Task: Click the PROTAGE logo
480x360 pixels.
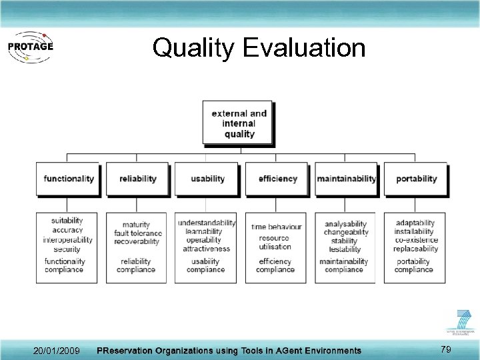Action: coord(29,46)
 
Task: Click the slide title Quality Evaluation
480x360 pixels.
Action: coord(259,48)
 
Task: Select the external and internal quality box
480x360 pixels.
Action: coord(239,123)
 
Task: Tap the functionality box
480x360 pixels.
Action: coord(69,179)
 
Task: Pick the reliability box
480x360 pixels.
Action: coord(138,179)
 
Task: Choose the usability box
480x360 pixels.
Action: coord(207,179)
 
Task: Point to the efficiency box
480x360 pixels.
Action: coord(277,179)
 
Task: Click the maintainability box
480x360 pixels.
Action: coord(346,179)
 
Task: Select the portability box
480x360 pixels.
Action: coord(416,179)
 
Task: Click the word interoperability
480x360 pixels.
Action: coord(67,240)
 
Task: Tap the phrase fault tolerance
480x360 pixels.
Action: coord(138,233)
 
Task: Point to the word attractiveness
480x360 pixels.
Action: coord(207,249)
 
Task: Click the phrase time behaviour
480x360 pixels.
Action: coord(276,227)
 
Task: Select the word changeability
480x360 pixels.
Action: coord(345,232)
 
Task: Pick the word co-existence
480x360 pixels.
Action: coord(416,240)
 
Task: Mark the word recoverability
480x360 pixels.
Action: coord(137,241)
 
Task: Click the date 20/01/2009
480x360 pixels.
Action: coord(57,351)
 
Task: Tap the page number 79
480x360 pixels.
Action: coord(446,349)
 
